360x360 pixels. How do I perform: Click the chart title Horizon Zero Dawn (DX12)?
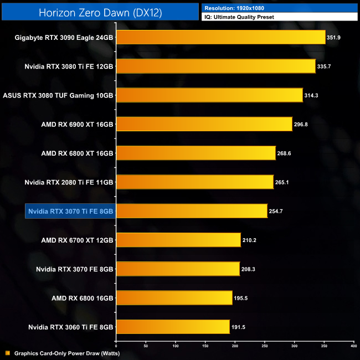(x=100, y=13)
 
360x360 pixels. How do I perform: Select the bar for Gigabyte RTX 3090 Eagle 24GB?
(x=220, y=38)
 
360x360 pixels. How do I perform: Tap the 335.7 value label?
(x=326, y=66)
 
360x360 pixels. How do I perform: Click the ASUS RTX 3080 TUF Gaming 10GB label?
(x=58, y=95)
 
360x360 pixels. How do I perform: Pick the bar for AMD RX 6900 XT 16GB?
(x=204, y=124)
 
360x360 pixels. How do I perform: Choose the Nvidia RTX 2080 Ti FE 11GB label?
(x=69, y=182)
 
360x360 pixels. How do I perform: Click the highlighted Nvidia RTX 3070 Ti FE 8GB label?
(x=70, y=211)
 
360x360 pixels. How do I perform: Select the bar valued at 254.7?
(x=192, y=211)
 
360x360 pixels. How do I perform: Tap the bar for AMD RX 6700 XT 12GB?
(x=178, y=240)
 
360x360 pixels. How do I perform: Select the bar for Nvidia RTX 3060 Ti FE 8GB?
(x=173, y=327)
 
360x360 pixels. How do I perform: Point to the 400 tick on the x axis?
(x=353, y=346)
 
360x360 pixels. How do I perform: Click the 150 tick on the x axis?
(x=205, y=346)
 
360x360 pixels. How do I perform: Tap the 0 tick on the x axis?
(x=116, y=346)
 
